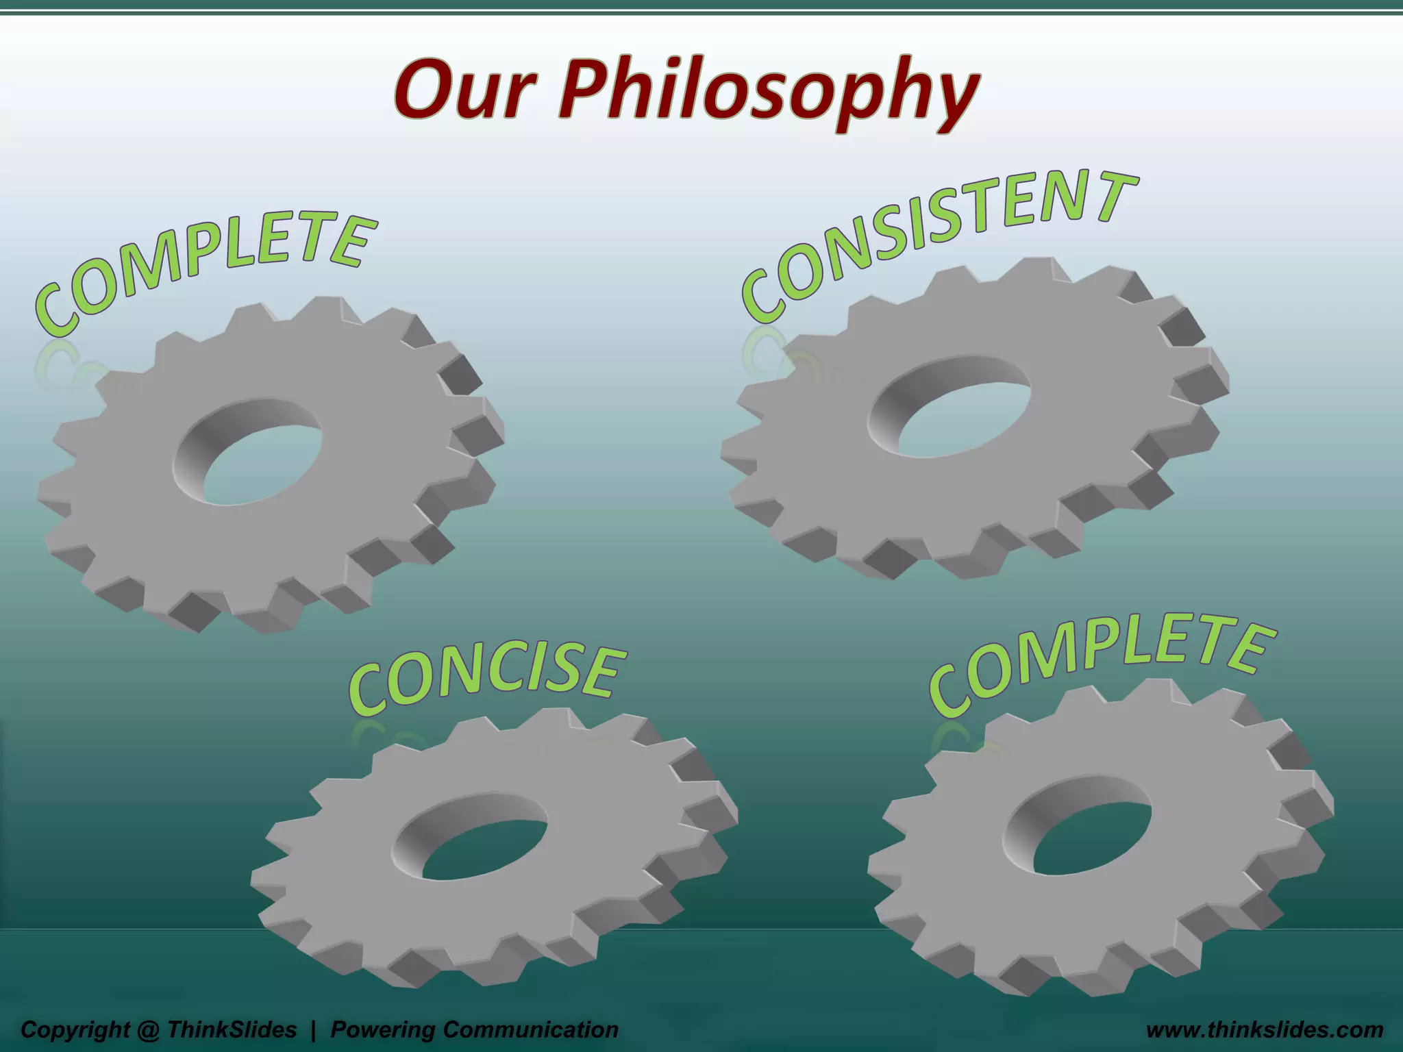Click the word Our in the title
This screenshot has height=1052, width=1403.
coord(469,92)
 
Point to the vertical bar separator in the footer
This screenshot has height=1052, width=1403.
coord(314,1029)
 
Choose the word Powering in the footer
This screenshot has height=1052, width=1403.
coord(384,1029)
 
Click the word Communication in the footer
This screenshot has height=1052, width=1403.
coord(531,1029)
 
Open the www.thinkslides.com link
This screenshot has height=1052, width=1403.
coord(1265,1029)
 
